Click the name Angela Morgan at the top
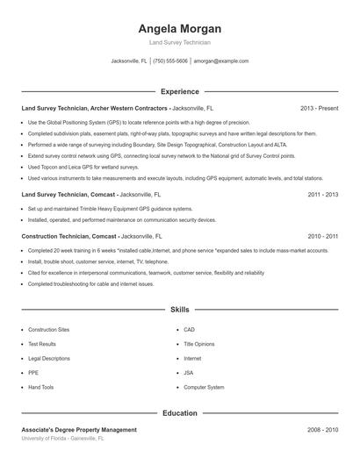click(179, 29)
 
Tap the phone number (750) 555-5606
click(170, 61)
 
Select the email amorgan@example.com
click(221, 61)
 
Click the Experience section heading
click(179, 91)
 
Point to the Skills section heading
click(179, 310)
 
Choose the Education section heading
click(179, 412)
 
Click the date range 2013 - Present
click(319, 108)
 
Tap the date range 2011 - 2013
click(322, 195)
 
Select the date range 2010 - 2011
click(322, 236)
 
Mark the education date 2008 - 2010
click(322, 430)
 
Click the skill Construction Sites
click(48, 330)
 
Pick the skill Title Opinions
click(198, 344)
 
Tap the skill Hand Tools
click(40, 387)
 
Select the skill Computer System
click(204, 387)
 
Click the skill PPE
click(33, 373)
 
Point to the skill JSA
click(188, 373)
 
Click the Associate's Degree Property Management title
click(79, 430)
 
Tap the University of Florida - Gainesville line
click(62, 438)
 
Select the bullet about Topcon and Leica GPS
click(83, 166)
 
